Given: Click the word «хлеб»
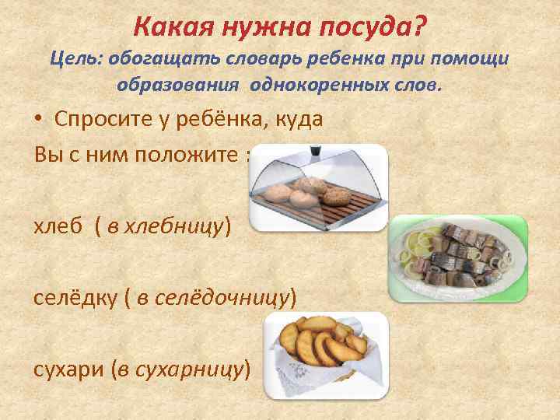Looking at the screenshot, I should (56, 226).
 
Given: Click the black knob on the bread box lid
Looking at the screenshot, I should (316, 149).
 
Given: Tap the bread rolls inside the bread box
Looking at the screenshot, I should (303, 192).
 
